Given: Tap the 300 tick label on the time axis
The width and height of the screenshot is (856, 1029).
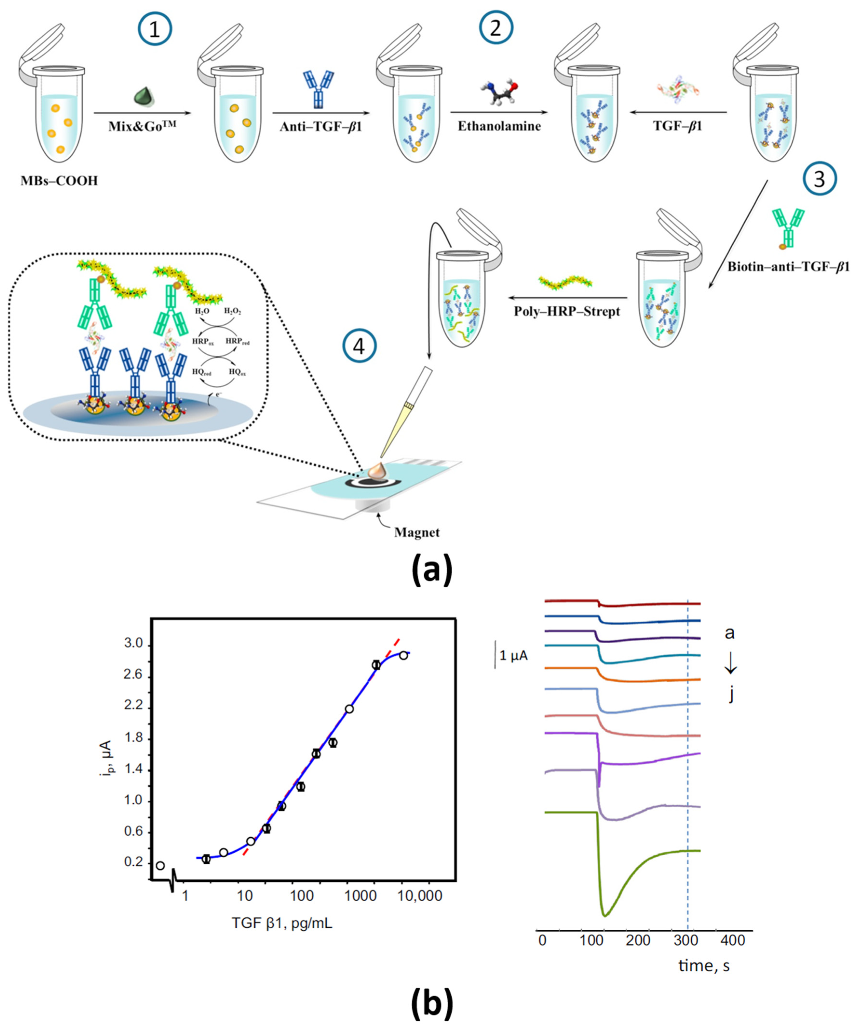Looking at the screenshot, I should coord(687,940).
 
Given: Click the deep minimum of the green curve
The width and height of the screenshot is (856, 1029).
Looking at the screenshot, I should coord(605,914).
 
